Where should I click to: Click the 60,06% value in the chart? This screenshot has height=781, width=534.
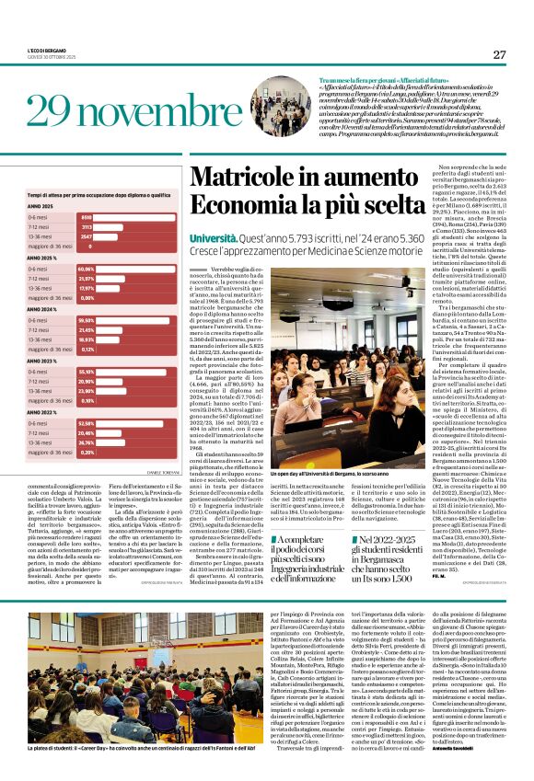[88, 269]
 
